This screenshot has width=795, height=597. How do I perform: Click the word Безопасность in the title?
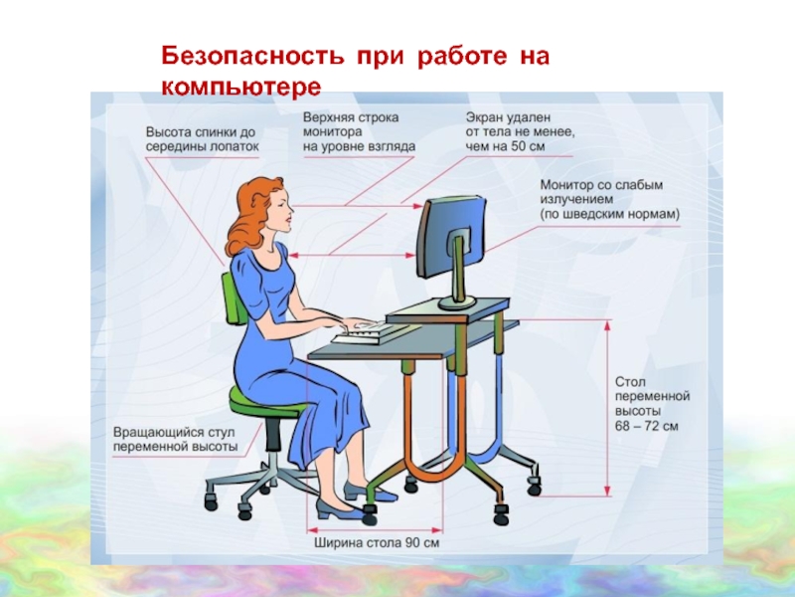click(x=252, y=56)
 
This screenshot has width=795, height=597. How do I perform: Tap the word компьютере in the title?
click(x=241, y=88)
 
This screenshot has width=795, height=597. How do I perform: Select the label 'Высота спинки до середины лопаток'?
click(x=203, y=139)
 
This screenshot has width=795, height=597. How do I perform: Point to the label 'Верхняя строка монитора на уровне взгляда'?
click(x=359, y=132)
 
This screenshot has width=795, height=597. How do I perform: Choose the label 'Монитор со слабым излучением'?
click(x=601, y=192)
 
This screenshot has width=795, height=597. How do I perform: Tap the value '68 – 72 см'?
click(x=647, y=426)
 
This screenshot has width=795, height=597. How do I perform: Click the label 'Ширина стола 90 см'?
click(x=377, y=542)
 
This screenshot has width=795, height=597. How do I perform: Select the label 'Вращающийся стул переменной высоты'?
click(x=176, y=440)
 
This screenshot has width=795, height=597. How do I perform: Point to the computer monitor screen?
click(x=451, y=238)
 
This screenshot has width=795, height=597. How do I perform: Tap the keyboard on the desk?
click(x=370, y=333)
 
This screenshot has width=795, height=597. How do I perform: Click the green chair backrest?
click(x=235, y=298)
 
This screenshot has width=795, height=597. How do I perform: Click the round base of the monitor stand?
click(x=457, y=302)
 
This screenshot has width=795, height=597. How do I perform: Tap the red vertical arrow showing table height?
click(x=607, y=408)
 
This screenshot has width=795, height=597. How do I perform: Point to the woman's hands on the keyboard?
click(x=357, y=324)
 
